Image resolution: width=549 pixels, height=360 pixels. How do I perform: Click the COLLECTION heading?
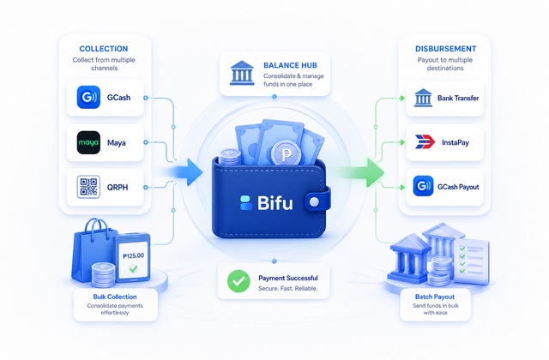coord(104,49)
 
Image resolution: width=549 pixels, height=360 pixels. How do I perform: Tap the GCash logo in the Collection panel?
coord(88,97)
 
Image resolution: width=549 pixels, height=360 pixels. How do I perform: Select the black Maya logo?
coord(88,142)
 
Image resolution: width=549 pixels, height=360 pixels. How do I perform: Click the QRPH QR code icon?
coord(88,187)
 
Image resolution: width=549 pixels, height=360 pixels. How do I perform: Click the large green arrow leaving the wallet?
coord(360,171)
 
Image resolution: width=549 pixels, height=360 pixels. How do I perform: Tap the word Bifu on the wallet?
coord(274,202)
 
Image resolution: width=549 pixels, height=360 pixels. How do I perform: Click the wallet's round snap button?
coord(315,202)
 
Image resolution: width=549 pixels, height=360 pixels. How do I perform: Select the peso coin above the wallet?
coord(286,154)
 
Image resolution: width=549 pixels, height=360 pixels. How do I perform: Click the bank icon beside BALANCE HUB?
coord(242,73)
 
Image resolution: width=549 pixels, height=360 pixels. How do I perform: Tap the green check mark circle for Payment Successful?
coord(238,281)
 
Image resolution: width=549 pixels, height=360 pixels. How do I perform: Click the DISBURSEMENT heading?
coord(445,49)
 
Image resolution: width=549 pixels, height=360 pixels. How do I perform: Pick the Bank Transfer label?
coord(458,98)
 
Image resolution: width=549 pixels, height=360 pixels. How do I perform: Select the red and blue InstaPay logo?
coord(425,142)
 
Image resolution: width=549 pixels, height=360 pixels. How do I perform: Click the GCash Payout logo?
coord(423,186)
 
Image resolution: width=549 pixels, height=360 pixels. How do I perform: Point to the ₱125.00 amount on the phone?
coord(134,255)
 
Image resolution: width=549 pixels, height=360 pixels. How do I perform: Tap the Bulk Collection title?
coord(115,297)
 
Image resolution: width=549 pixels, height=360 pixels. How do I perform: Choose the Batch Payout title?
coord(435,297)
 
